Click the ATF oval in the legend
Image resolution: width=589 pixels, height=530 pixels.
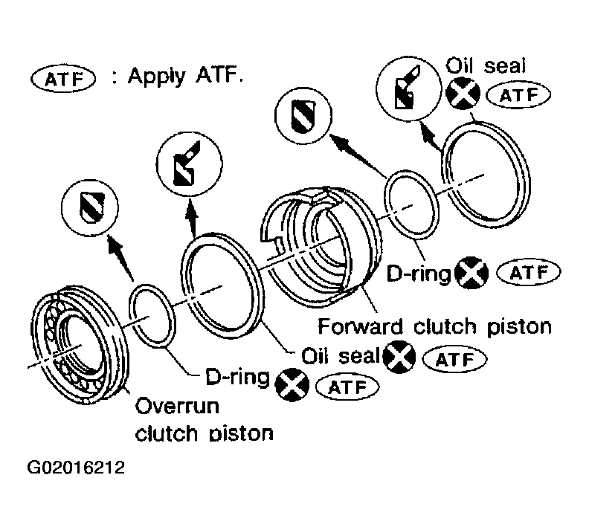click(x=63, y=79)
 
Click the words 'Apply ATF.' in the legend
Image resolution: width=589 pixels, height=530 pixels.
click(x=186, y=77)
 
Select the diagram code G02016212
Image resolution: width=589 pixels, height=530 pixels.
click(x=76, y=468)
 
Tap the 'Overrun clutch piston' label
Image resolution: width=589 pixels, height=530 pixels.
click(x=204, y=420)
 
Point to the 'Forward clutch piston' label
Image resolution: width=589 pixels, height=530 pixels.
click(x=434, y=326)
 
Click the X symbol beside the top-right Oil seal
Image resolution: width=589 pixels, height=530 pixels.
click(x=463, y=93)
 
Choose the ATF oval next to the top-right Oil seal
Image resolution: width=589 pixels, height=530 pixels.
click(x=519, y=95)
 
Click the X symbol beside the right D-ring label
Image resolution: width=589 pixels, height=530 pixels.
click(x=471, y=273)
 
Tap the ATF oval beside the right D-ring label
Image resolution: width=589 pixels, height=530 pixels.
click(x=529, y=272)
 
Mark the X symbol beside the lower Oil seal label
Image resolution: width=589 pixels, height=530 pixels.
click(x=399, y=357)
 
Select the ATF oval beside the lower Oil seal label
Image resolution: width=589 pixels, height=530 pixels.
click(x=455, y=359)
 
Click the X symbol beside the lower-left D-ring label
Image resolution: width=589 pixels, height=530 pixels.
click(x=292, y=385)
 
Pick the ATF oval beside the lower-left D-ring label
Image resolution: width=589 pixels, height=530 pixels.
click(x=347, y=387)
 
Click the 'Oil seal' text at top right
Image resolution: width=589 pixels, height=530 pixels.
click(x=486, y=65)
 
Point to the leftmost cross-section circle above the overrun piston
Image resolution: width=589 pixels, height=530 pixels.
click(x=90, y=207)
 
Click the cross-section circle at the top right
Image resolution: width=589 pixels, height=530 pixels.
click(x=409, y=88)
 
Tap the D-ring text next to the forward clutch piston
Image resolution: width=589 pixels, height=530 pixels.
click(x=419, y=274)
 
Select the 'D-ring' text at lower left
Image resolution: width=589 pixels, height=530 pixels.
click(x=237, y=376)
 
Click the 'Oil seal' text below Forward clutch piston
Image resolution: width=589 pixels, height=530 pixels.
click(x=341, y=355)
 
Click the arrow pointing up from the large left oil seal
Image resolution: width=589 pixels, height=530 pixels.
click(x=193, y=219)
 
